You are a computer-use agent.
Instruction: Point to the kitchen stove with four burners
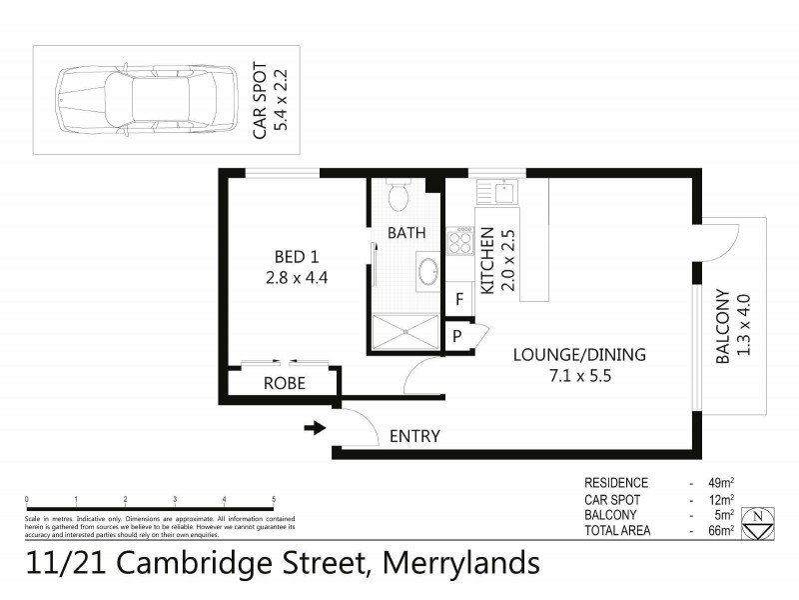coord(461,241)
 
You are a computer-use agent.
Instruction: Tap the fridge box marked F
coord(459,298)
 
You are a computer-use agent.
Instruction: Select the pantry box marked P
coord(457,336)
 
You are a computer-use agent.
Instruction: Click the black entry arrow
coord(314,429)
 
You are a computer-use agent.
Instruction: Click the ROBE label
coord(284,383)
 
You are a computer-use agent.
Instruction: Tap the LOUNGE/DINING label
coord(579,354)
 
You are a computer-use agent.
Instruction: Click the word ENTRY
coord(414,436)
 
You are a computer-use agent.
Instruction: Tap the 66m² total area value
coord(721,530)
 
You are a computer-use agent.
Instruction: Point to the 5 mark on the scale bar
coord(273,498)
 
